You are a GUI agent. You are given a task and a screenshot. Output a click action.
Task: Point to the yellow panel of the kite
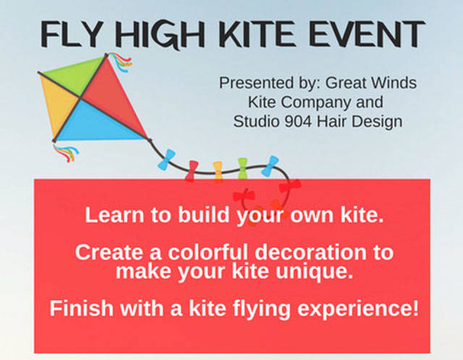click(x=56, y=105)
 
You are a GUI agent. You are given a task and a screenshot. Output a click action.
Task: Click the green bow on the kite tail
click(x=243, y=168)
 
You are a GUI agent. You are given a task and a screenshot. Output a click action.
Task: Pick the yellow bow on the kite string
click(x=217, y=171)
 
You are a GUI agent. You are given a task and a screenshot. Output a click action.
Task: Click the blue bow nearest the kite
click(x=168, y=159)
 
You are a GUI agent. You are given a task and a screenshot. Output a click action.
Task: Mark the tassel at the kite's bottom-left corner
click(x=67, y=153)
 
